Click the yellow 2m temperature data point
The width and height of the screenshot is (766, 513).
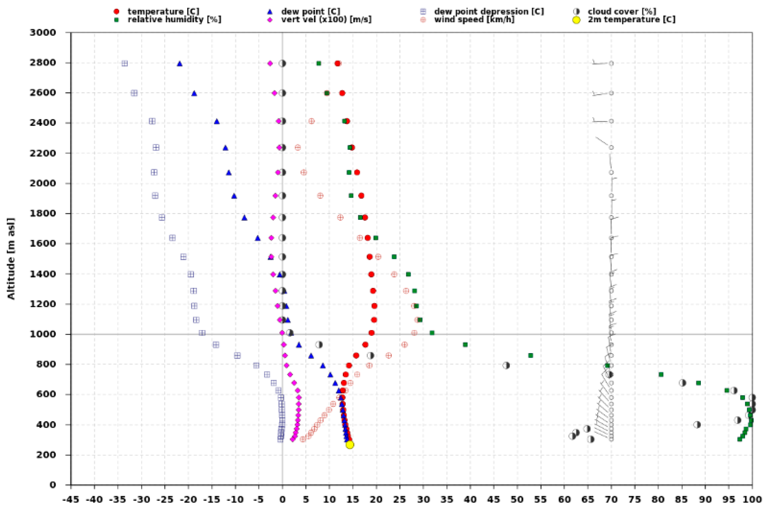click(350, 445)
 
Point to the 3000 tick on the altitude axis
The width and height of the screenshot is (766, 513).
click(43, 33)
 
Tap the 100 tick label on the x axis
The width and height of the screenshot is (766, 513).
click(752, 500)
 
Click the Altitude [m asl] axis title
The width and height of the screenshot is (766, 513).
click(11, 259)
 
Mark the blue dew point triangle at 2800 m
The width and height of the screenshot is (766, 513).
click(179, 64)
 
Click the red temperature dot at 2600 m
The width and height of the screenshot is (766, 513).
click(342, 93)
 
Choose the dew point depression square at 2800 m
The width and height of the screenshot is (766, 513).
click(125, 64)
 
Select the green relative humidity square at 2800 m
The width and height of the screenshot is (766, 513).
click(319, 63)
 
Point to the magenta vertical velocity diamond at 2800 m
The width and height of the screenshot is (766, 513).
click(270, 63)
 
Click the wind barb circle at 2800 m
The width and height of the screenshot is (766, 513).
click(611, 63)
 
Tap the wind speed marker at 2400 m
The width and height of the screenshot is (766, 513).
click(311, 121)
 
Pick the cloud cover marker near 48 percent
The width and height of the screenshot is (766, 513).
click(506, 365)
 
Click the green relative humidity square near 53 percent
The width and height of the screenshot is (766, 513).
click(530, 355)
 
